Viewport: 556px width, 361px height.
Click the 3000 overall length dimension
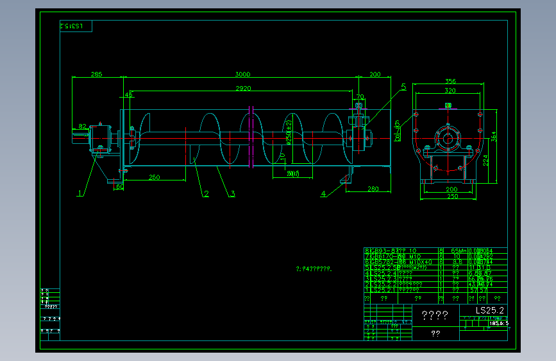(x=243, y=75)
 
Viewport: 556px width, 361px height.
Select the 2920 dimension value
(x=243, y=88)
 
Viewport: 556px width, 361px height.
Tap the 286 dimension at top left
(x=96, y=75)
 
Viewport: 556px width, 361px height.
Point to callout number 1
(x=80, y=192)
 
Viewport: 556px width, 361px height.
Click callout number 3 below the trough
(x=233, y=193)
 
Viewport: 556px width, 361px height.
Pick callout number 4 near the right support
(x=323, y=193)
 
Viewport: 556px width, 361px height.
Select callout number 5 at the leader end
(x=403, y=86)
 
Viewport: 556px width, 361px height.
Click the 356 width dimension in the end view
(x=450, y=81)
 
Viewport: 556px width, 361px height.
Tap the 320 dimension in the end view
(x=450, y=91)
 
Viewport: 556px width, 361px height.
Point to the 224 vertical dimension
(x=486, y=160)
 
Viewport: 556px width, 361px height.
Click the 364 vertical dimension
(x=494, y=136)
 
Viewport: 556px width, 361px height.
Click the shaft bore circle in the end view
(x=447, y=137)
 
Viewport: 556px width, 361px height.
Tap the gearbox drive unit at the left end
(x=99, y=137)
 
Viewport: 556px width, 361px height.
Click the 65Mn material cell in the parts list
(x=456, y=251)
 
